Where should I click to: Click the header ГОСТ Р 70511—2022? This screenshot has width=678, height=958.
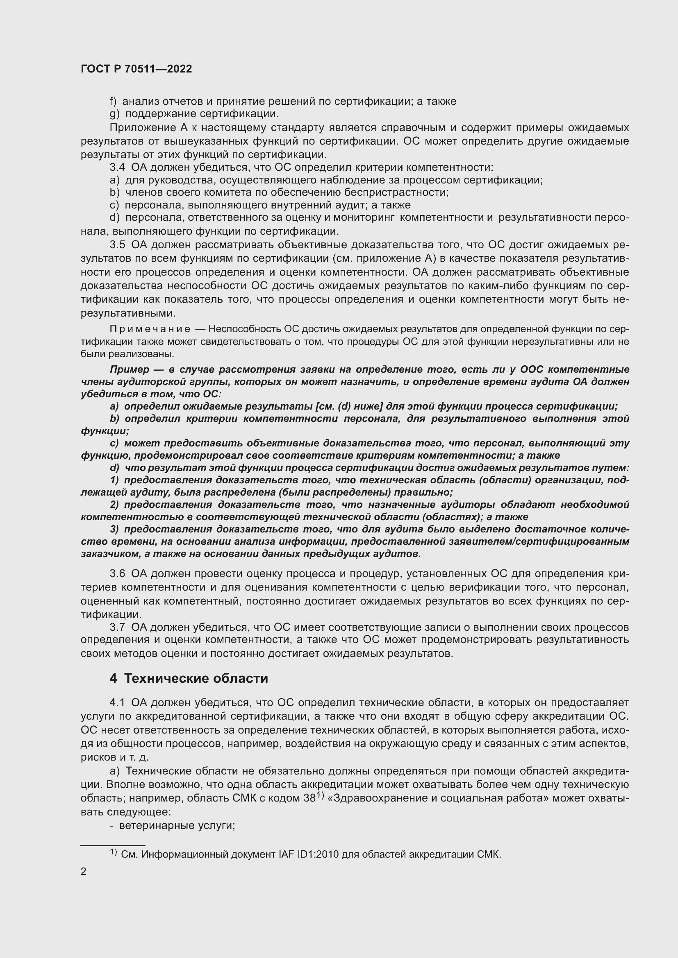(x=136, y=69)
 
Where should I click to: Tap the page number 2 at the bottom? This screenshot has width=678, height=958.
(x=84, y=871)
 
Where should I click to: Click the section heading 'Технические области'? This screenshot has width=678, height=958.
(x=196, y=678)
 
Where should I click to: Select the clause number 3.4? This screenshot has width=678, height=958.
(x=117, y=168)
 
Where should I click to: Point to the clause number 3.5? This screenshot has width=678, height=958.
(x=117, y=245)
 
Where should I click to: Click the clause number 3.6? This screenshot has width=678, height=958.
(x=117, y=574)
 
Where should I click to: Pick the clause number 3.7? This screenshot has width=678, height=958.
(x=117, y=627)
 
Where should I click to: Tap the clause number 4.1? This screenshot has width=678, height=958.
(x=117, y=703)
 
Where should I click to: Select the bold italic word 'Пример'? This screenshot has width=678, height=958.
(x=130, y=370)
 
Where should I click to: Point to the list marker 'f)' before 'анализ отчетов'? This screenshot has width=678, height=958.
(x=113, y=102)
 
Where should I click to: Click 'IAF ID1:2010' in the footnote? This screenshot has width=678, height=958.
(x=309, y=854)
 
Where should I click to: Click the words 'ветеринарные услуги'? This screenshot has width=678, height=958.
(x=177, y=825)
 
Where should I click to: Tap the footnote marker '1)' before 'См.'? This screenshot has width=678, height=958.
(x=114, y=853)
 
